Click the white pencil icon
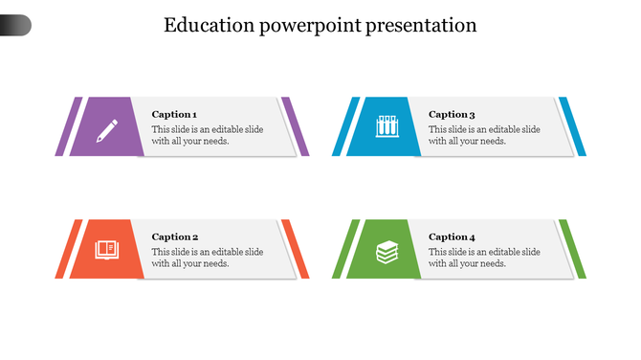(107, 128)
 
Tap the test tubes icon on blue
(385, 126)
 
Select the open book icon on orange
(106, 249)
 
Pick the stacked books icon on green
(386, 251)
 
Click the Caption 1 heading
(175, 114)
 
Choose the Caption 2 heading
(175, 236)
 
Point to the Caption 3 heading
(452, 114)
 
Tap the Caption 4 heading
(452, 236)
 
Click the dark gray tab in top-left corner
(15, 26)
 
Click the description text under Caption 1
(208, 135)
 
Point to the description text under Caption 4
(484, 258)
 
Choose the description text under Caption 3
(484, 135)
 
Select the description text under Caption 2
(208, 258)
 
